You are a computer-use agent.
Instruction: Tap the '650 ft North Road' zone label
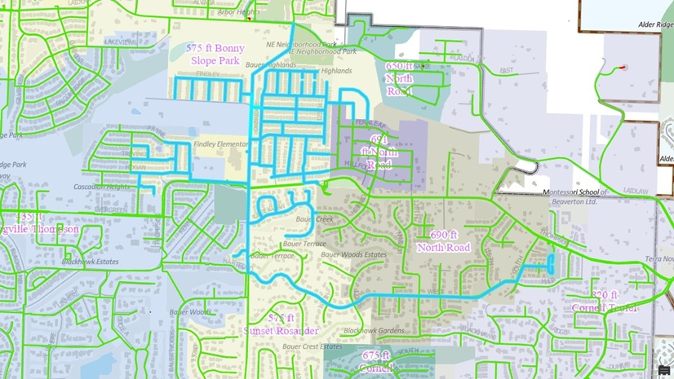(399, 78)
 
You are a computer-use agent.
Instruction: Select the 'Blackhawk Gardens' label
(374, 330)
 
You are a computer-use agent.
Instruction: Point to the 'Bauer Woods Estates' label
(353, 254)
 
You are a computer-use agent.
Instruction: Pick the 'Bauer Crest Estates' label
(312, 346)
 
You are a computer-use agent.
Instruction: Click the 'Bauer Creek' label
(315, 219)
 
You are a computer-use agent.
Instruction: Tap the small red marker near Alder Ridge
(623, 67)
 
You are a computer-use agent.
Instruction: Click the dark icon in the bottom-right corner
(663, 371)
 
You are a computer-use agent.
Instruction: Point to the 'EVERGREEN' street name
(111, 209)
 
